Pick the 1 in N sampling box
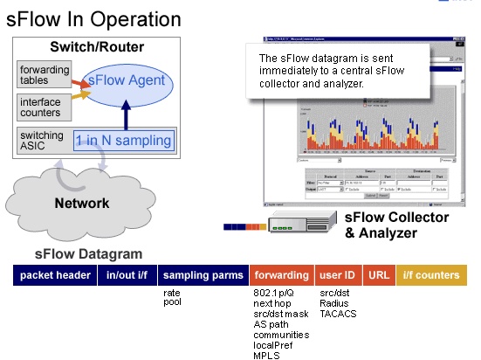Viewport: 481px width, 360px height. [123, 140]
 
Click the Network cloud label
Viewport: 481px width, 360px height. [82, 204]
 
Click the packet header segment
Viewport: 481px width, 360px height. [56, 275]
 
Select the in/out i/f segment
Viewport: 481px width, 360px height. [127, 275]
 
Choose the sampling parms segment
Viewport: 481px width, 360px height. [203, 275]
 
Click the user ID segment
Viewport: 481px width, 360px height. [337, 275]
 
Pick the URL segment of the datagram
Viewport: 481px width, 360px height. [378, 275]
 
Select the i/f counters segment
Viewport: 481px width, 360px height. [430, 275]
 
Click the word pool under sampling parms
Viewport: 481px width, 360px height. [173, 302]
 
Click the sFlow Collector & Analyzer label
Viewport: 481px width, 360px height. [396, 225]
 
